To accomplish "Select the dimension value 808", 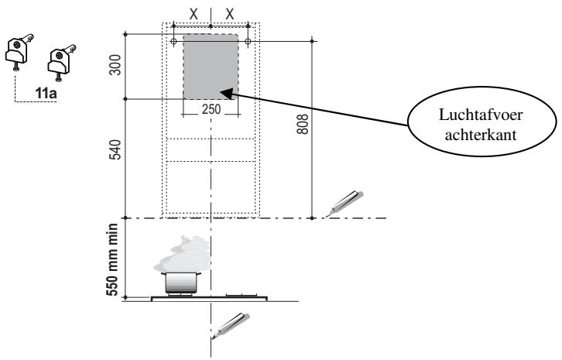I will (303, 125).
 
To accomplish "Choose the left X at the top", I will (193, 14).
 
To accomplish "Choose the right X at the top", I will (229, 14).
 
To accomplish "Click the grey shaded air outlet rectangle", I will (211, 66).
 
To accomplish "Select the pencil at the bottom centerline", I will (231, 324).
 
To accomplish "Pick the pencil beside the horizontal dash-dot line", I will (343, 201).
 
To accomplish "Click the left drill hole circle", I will (173, 41).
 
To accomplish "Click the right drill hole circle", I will (248, 41).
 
